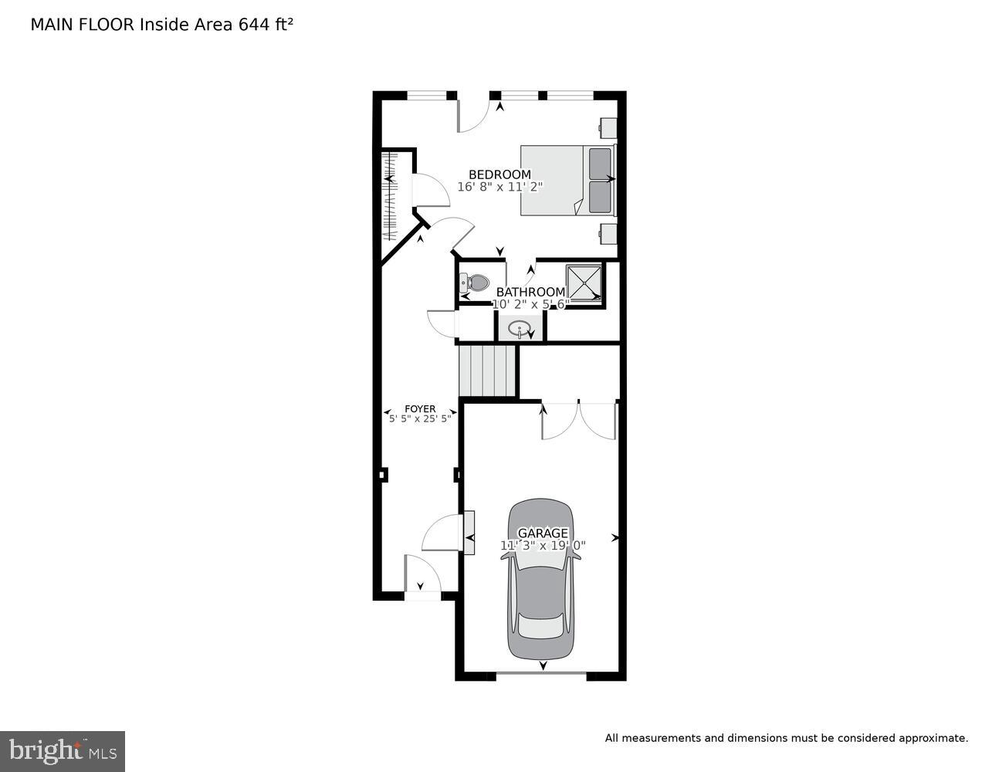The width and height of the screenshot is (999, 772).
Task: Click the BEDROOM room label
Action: [499, 174]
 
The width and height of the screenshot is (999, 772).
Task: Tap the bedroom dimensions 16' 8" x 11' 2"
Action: [500, 187]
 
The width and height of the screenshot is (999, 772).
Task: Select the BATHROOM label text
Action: [530, 292]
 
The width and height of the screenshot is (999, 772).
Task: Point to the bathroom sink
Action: [520, 328]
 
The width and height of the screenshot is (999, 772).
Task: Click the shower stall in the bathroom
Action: [584, 283]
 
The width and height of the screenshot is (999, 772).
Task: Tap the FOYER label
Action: [420, 409]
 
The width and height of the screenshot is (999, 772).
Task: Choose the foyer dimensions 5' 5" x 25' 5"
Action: [420, 419]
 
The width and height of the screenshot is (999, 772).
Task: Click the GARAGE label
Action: [543, 533]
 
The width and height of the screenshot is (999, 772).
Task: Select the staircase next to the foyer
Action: [487, 371]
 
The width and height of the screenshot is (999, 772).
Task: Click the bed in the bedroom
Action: [567, 180]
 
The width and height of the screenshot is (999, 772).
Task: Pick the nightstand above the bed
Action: [608, 128]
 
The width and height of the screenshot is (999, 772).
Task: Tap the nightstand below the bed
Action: [608, 233]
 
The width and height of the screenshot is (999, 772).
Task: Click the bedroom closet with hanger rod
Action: [391, 197]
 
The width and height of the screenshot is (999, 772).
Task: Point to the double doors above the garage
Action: [579, 421]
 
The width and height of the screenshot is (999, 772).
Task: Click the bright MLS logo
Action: [63, 751]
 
